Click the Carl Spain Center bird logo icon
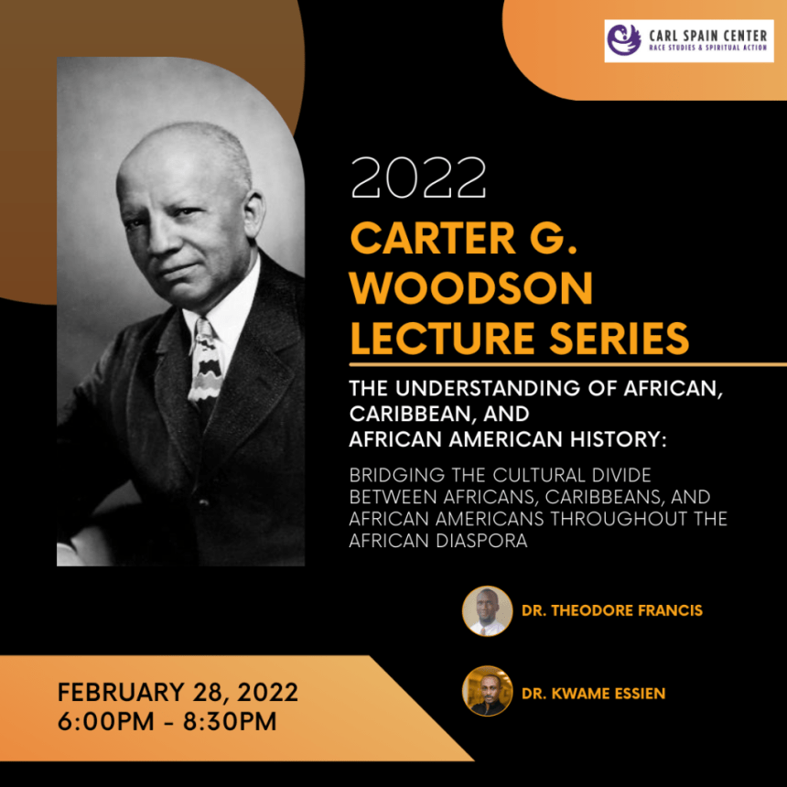[624, 39]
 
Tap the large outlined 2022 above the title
[418, 178]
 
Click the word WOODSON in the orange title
[471, 287]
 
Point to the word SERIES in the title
[620, 338]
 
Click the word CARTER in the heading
[433, 238]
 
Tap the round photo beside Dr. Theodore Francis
[487, 610]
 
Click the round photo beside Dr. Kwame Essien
[487, 691]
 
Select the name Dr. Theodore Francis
[612, 610]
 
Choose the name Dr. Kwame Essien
[593, 693]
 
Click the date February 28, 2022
[178, 692]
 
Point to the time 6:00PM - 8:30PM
[167, 721]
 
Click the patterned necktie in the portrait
[205, 361]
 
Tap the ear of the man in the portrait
[254, 214]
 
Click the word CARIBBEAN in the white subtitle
[410, 414]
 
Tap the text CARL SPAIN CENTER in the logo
[707, 36]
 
